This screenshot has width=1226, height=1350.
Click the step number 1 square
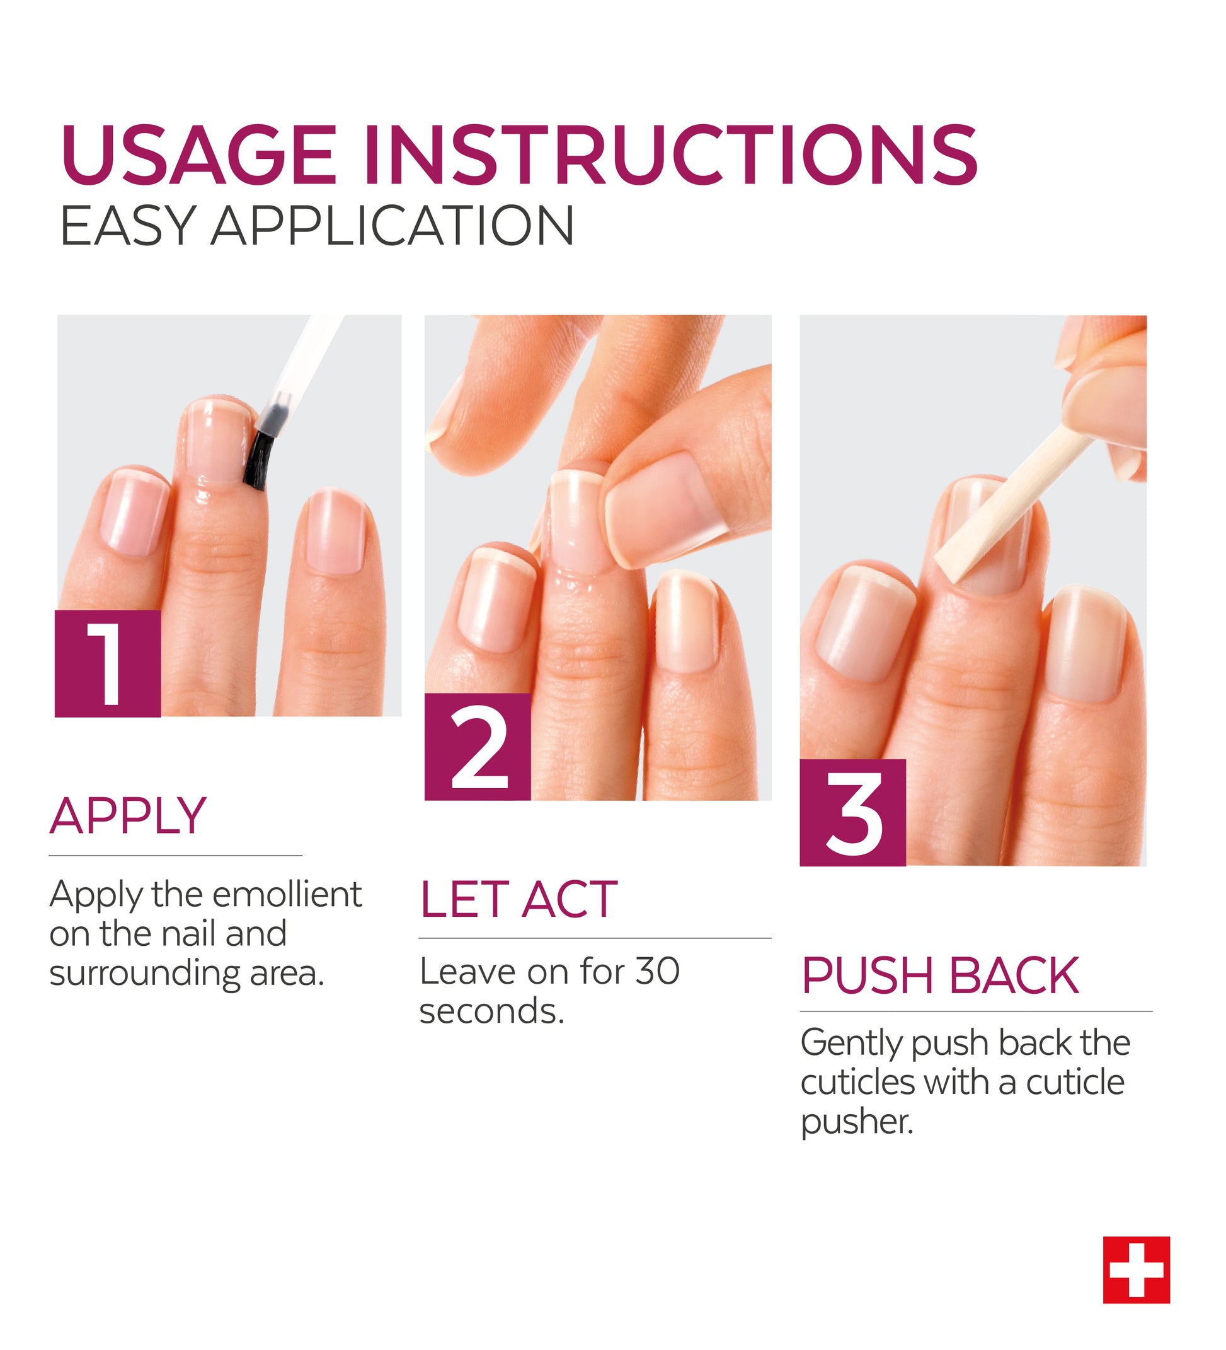(x=108, y=663)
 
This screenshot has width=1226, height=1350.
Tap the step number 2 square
(x=478, y=747)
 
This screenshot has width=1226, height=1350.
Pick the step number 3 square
(x=852, y=813)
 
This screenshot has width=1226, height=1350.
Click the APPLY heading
(x=128, y=817)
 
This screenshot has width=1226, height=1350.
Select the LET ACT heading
(x=518, y=900)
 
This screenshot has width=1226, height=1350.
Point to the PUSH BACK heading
(x=940, y=975)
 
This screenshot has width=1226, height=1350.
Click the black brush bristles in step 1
(x=255, y=462)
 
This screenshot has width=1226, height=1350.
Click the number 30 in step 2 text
(x=657, y=972)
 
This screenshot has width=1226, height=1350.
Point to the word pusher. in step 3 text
(x=857, y=1122)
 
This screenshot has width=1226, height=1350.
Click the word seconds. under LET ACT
(x=492, y=1011)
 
